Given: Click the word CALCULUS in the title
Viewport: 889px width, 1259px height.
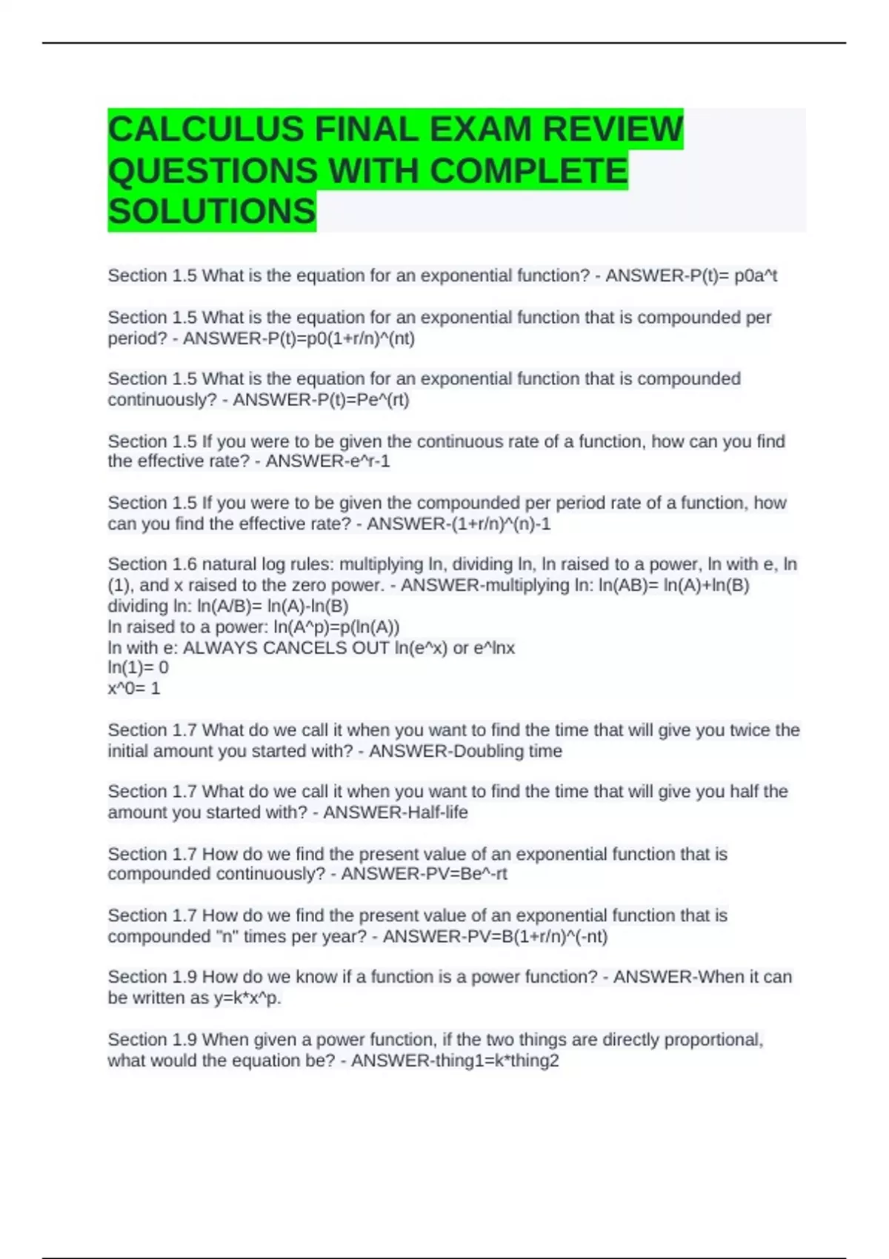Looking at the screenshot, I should coord(207,130).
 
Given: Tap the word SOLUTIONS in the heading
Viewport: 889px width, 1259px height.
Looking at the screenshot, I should coord(212,212).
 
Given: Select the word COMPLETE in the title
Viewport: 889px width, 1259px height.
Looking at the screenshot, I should coord(528,171).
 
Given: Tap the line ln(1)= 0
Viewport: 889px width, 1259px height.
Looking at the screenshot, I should coord(139,667).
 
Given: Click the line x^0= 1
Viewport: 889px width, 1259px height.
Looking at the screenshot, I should coord(134,688).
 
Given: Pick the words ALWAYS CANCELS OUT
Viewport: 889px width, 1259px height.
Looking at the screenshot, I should coord(286,648).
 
